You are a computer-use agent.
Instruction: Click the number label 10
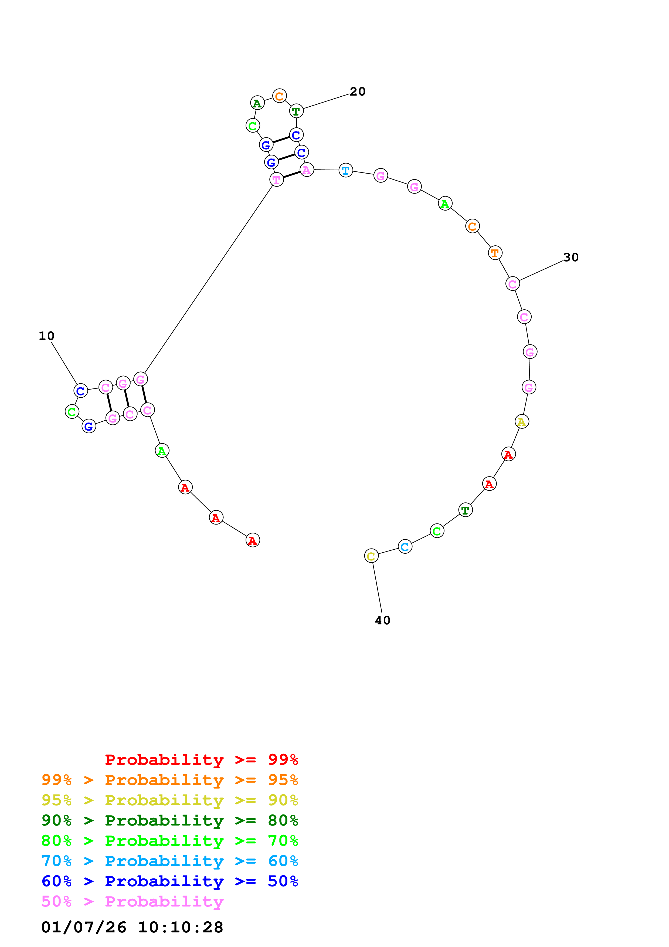[x=47, y=336]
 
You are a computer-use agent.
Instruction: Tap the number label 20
[x=357, y=92]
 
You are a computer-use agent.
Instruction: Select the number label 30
[x=571, y=257]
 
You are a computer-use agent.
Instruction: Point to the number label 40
[x=382, y=620]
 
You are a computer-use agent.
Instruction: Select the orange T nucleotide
[x=495, y=253]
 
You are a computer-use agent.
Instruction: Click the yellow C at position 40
[x=371, y=556]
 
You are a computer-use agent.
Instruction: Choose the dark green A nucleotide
[x=257, y=103]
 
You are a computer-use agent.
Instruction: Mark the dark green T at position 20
[x=296, y=111]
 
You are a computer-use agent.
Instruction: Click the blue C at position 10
[x=81, y=391]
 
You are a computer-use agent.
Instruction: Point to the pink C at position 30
[x=512, y=284]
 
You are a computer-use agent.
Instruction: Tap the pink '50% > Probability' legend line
[x=132, y=902]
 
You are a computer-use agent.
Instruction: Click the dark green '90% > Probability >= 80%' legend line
[x=169, y=820]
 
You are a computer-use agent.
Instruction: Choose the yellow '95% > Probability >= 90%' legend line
[x=169, y=800]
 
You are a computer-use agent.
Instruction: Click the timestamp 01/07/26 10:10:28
[x=132, y=927]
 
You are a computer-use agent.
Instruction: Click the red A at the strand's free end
[x=253, y=540]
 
